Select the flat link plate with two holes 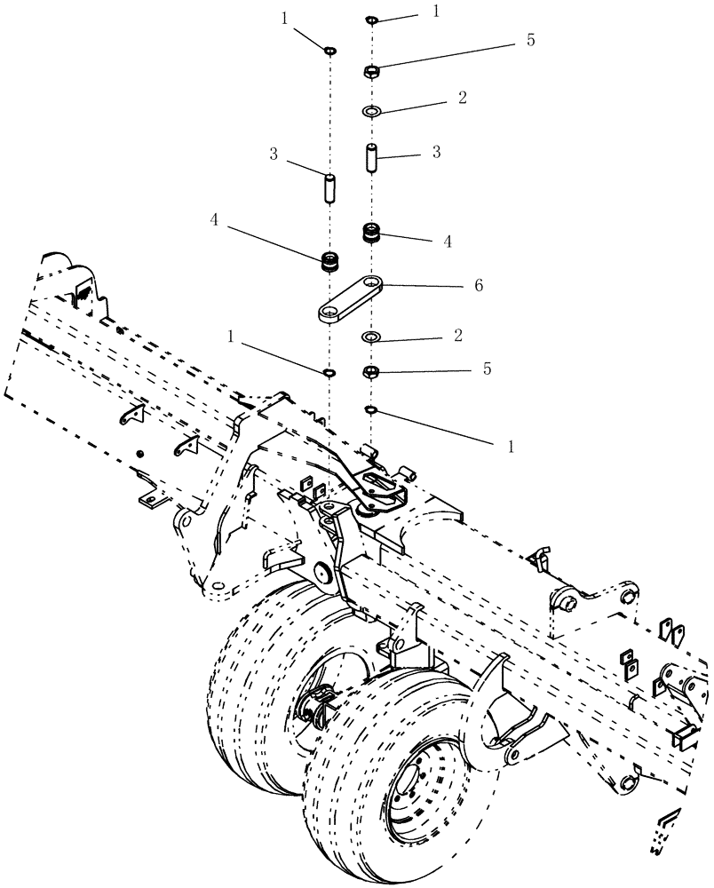click(x=351, y=299)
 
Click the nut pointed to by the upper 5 click(x=372, y=72)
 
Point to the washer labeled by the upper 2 click(x=371, y=112)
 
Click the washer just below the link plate click(x=371, y=337)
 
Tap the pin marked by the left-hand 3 click(x=329, y=188)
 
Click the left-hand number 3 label click(x=275, y=155)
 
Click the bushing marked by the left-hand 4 click(x=331, y=263)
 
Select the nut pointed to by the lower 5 click(x=372, y=371)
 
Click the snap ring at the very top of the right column click(x=371, y=20)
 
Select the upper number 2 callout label click(x=462, y=96)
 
